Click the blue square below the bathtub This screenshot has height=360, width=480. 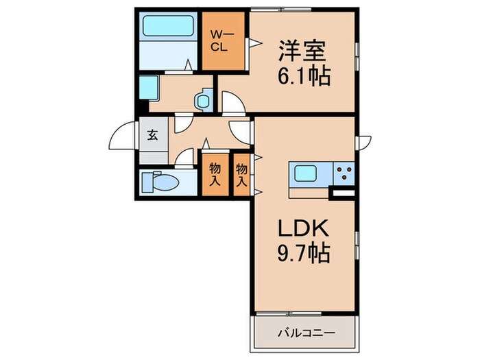pyautogui.click(x=149, y=88)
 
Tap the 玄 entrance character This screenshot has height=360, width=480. pyautogui.click(x=152, y=134)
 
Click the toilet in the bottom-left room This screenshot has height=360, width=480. pyautogui.click(x=160, y=183)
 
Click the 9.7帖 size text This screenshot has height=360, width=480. pyautogui.click(x=304, y=254)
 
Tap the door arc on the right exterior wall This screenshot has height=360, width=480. pyautogui.click(x=364, y=143)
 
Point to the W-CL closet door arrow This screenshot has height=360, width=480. pyautogui.click(x=252, y=43)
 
